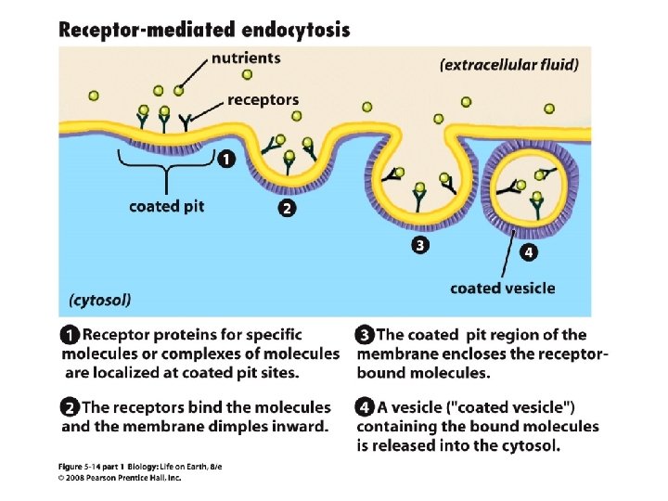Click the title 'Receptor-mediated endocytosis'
[204, 29]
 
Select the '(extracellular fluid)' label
[509, 64]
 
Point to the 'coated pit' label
[166, 205]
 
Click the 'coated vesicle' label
[503, 288]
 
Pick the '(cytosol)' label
[100, 300]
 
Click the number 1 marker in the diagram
[225, 160]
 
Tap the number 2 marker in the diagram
[288, 209]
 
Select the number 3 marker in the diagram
[420, 246]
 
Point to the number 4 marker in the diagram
[526, 251]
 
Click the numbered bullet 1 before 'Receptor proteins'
[71, 335]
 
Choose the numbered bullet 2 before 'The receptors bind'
[71, 407]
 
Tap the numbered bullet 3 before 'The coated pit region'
[365, 335]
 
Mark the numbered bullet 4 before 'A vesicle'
[365, 407]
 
